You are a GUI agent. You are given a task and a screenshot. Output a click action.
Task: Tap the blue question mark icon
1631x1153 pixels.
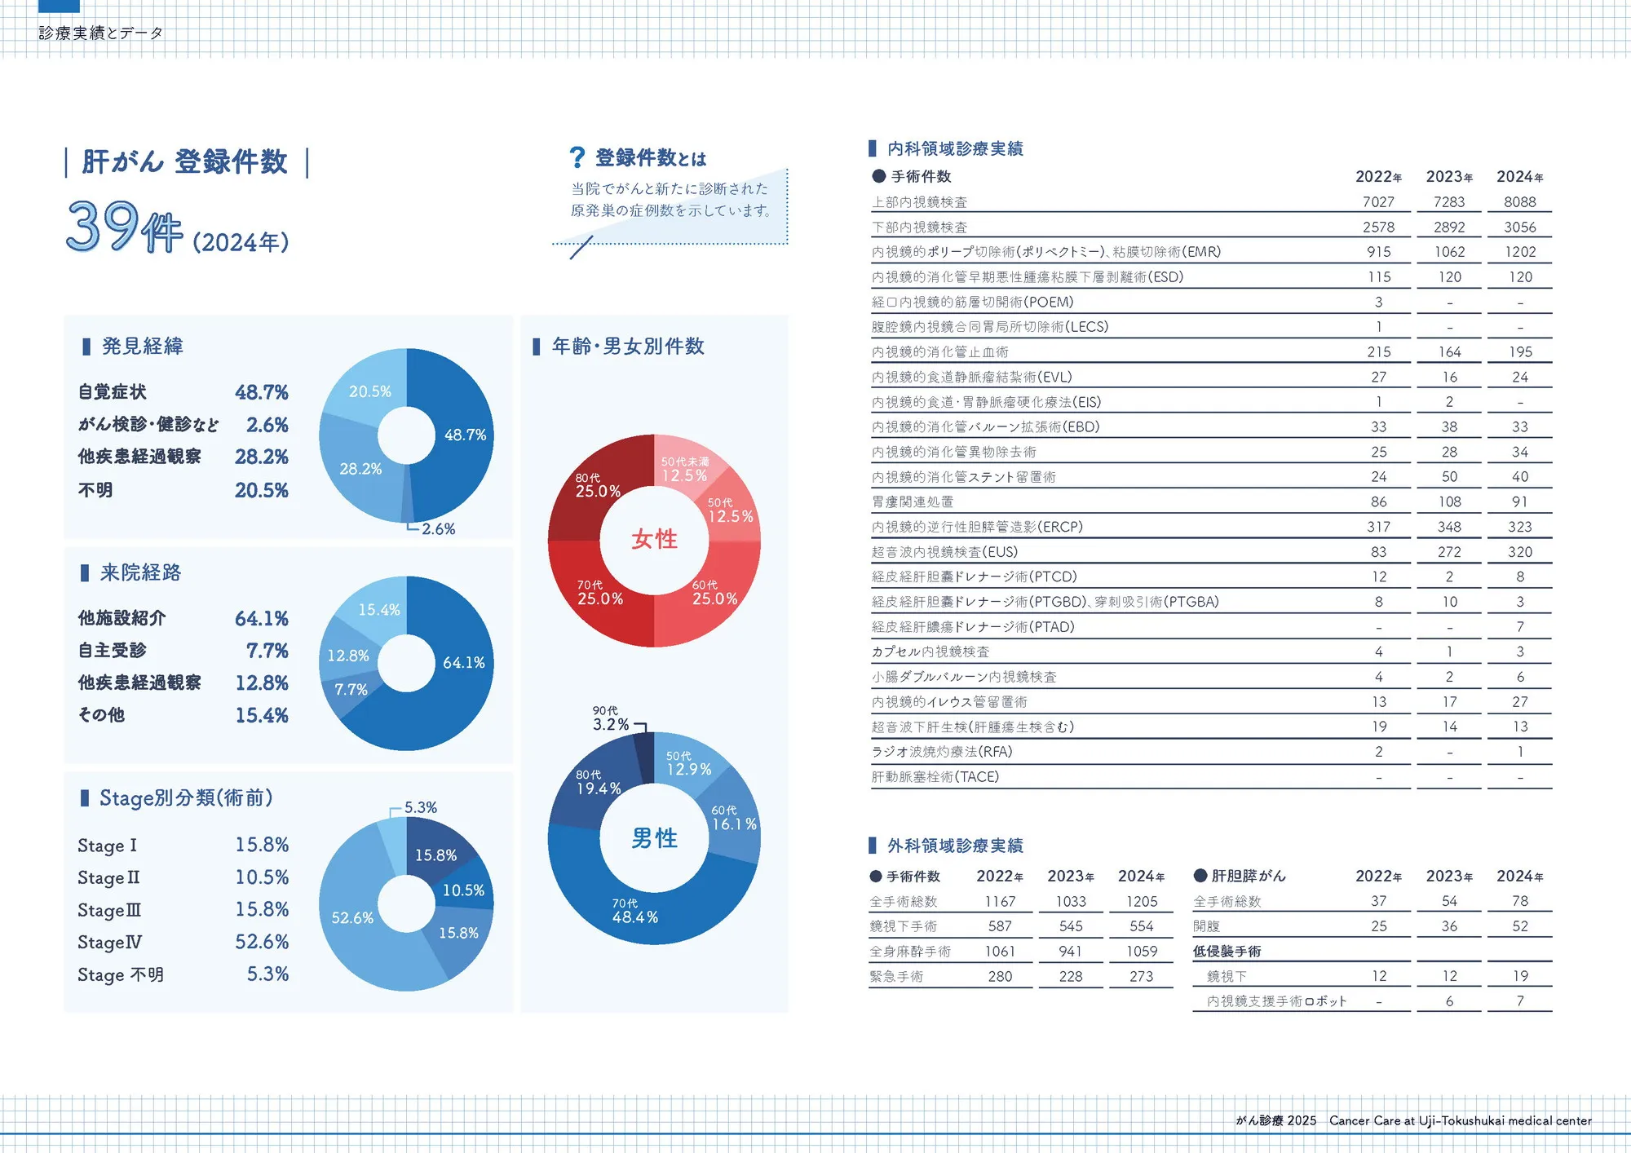(577, 157)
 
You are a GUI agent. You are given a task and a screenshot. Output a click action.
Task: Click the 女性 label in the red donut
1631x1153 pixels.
(654, 539)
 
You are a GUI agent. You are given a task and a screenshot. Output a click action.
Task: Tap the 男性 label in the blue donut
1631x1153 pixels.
(654, 838)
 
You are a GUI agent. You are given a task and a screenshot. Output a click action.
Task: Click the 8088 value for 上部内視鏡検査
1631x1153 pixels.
(1519, 202)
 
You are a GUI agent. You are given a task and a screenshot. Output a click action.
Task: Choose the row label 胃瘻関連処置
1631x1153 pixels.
(913, 502)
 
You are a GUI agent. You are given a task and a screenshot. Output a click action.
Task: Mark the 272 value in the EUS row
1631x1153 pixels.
(1449, 552)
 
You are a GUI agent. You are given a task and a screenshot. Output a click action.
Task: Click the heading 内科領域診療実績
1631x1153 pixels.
(955, 148)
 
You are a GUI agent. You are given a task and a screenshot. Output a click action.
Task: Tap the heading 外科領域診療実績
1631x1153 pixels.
(955, 846)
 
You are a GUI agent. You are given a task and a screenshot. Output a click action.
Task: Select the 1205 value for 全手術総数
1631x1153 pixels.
(1141, 902)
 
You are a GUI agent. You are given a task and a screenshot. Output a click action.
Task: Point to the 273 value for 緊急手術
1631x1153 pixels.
(1141, 977)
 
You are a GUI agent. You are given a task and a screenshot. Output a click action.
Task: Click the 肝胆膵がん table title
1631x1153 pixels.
(1248, 876)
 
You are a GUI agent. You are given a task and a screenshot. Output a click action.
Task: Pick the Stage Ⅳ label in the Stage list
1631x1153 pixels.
(109, 943)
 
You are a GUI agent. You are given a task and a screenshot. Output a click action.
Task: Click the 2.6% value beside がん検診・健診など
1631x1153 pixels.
(267, 425)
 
